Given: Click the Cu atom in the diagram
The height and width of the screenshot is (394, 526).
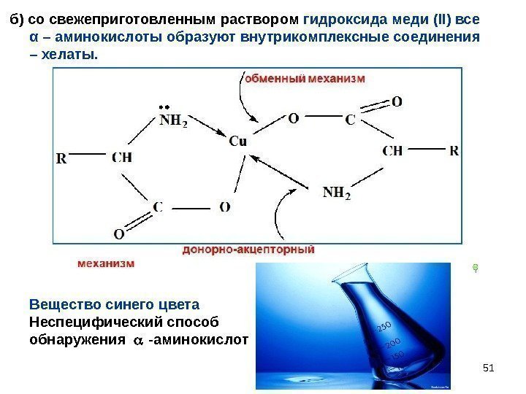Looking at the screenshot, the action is pos(238,141).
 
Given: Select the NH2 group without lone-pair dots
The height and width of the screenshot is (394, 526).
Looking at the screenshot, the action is pos(337,193).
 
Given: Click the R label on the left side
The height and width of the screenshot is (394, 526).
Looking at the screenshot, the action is pos(61,157).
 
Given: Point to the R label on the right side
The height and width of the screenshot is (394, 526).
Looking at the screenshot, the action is pos(454,151).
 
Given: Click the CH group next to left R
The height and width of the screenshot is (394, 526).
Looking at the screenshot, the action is pos(122,156).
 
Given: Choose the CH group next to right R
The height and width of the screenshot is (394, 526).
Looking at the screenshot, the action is pos(392,151).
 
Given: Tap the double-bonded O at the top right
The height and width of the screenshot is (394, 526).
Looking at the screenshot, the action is pos(397,102).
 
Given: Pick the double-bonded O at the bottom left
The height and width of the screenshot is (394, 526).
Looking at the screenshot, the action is pos(118,234).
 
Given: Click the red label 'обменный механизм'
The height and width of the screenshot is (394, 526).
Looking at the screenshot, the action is pos(304,77).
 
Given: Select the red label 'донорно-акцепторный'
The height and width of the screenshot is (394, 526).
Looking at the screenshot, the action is pos(248,250).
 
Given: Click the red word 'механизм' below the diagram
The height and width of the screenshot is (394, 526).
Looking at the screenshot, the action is pos(106,263).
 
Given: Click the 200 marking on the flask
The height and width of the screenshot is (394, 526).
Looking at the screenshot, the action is pos(392,342).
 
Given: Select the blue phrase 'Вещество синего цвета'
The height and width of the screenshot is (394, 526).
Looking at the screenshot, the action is pos(114,304).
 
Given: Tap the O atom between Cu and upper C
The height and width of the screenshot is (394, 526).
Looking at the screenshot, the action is pos(293,117).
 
